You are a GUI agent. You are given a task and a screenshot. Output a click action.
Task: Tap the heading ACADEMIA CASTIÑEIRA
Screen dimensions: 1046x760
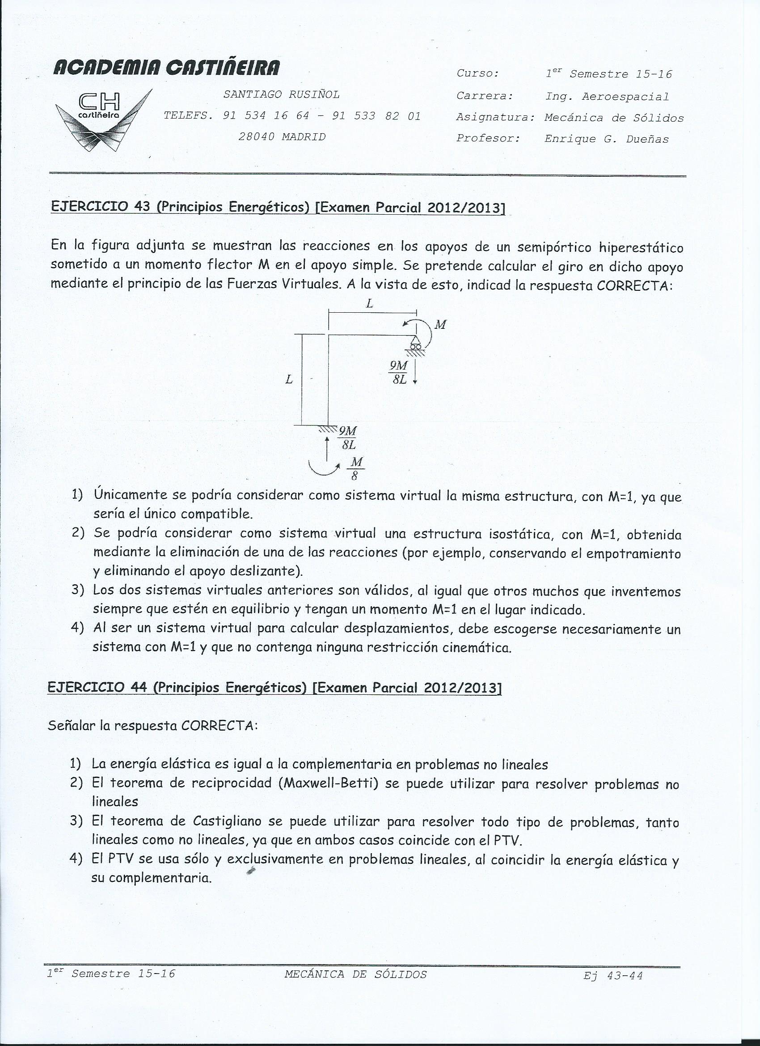pyautogui.click(x=167, y=68)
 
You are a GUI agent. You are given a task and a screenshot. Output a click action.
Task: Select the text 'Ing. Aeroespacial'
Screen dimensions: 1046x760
pyautogui.click(x=607, y=97)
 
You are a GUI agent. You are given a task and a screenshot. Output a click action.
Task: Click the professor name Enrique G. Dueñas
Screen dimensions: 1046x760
pyautogui.click(x=607, y=139)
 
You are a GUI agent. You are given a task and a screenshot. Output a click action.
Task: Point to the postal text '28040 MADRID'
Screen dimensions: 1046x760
pyautogui.click(x=282, y=137)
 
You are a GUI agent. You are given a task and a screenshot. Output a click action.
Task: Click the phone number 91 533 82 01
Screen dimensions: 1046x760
pyautogui.click(x=376, y=116)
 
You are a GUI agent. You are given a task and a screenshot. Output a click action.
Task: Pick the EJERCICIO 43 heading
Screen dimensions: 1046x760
pyautogui.click(x=278, y=207)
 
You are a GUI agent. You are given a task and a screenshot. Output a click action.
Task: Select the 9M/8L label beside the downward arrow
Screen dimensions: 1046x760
pyautogui.click(x=398, y=373)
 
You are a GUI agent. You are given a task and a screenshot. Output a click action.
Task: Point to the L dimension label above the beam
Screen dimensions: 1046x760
pyautogui.click(x=370, y=304)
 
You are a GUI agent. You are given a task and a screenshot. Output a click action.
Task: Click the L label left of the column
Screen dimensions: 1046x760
pyautogui.click(x=289, y=379)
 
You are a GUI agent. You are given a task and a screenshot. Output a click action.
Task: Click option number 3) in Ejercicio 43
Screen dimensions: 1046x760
pyautogui.click(x=77, y=591)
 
